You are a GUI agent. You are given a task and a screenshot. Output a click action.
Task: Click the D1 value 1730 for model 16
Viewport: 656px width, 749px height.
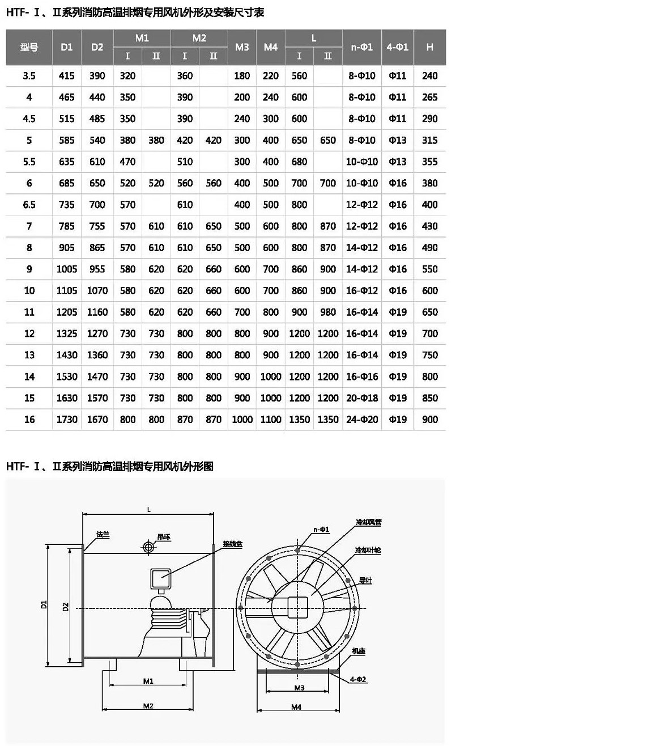click(x=67, y=420)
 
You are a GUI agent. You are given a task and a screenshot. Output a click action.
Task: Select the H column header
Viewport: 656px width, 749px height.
click(x=429, y=47)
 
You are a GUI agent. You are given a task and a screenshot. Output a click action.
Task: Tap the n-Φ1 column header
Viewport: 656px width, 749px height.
click(x=361, y=47)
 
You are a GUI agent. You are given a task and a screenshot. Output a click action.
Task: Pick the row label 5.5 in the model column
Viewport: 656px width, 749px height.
click(x=29, y=162)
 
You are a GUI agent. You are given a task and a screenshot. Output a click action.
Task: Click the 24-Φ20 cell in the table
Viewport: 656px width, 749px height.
click(x=361, y=420)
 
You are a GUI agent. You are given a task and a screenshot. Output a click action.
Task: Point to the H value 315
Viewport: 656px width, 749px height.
click(x=429, y=140)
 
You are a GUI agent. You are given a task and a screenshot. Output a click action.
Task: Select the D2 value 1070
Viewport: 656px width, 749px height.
click(x=97, y=290)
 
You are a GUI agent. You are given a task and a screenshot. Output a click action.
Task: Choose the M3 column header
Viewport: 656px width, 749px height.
click(x=242, y=47)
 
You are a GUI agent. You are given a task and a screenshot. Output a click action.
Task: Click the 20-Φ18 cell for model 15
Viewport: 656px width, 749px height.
click(x=361, y=398)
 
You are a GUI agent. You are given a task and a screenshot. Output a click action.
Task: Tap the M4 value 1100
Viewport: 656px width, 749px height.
click(x=271, y=420)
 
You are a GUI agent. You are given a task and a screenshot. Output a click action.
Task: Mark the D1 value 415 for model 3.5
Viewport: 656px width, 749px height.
click(x=67, y=75)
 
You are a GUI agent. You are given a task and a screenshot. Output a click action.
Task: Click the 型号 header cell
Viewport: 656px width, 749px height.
click(x=29, y=47)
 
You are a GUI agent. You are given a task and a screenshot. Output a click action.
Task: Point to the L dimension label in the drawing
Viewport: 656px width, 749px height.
click(x=149, y=510)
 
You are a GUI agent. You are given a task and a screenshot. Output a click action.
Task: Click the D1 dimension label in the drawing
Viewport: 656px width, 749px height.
click(x=44, y=605)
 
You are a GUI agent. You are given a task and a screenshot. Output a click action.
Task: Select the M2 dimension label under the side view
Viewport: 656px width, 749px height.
click(x=148, y=706)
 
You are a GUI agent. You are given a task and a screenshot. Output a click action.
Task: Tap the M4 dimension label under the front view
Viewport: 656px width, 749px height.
click(x=296, y=707)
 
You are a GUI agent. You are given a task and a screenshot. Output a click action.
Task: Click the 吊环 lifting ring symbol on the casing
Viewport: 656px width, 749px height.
click(x=148, y=547)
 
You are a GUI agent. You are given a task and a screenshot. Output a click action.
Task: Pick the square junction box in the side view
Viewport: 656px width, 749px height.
click(x=161, y=579)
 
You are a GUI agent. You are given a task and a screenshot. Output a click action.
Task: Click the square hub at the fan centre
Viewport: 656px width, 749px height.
click(x=297, y=608)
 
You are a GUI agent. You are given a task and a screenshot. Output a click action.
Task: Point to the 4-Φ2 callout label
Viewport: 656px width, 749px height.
click(x=358, y=679)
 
